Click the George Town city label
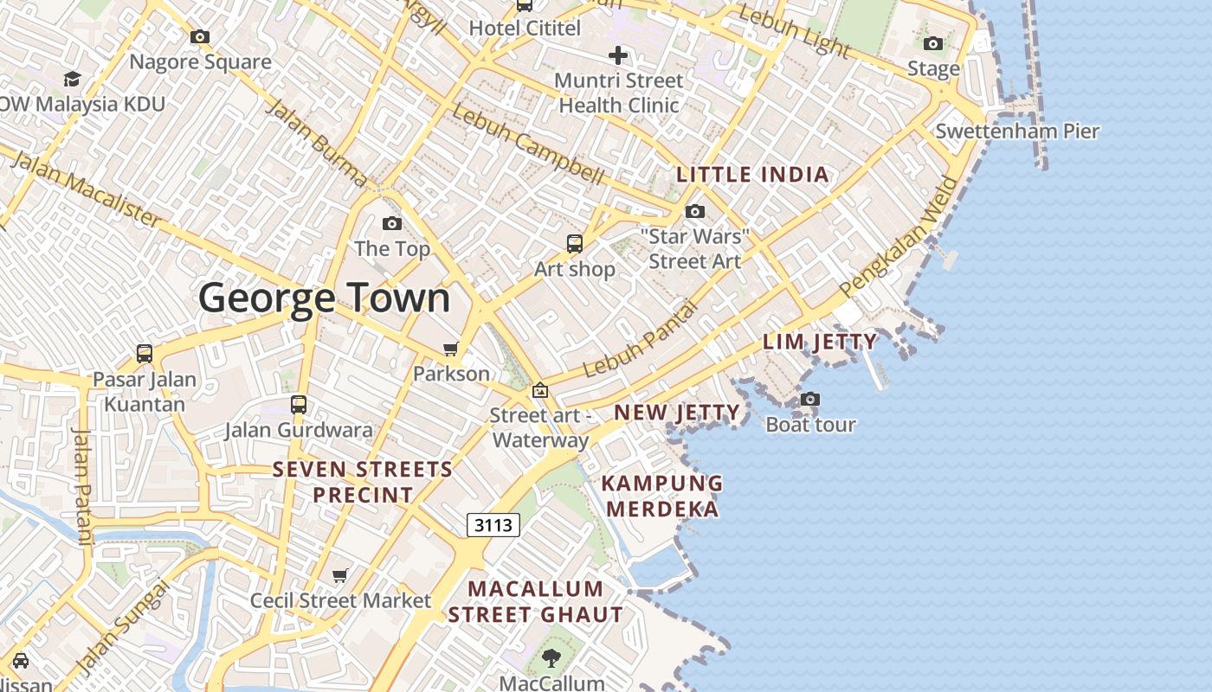coord(324,298)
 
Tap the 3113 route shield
coord(493,524)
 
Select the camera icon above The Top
coord(392,224)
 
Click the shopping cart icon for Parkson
coord(450,349)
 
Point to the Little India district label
coord(752,175)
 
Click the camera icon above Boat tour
coord(810,399)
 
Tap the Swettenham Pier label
coord(1017,131)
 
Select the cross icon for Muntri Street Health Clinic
coord(617,56)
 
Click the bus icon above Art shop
coord(574,244)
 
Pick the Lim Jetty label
coord(820,342)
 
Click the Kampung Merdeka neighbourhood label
coord(662,496)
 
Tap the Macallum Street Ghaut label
coord(535,602)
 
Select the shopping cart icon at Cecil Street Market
coord(340,575)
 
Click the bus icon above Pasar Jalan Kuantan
coord(145,354)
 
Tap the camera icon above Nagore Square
coord(200,36)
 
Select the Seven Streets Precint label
coord(363,482)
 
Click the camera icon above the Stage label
coord(932,43)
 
